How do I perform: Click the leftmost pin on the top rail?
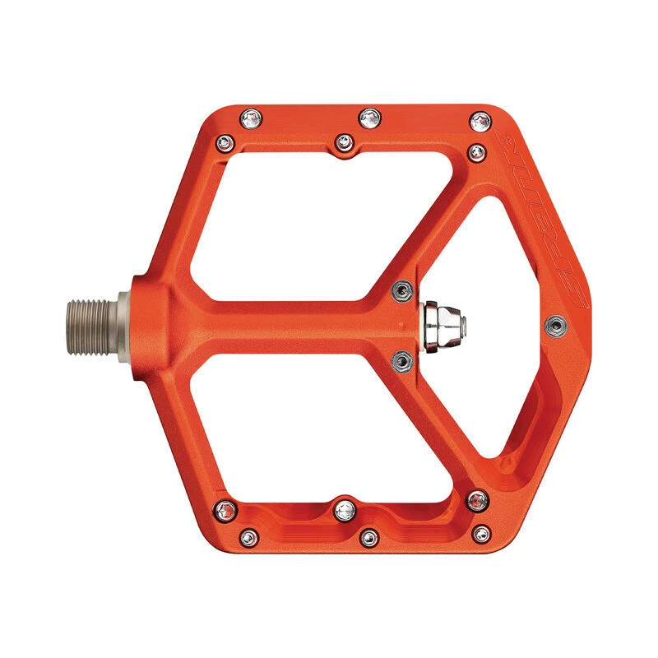point(248,121)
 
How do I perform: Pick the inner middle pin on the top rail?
point(343,142)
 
